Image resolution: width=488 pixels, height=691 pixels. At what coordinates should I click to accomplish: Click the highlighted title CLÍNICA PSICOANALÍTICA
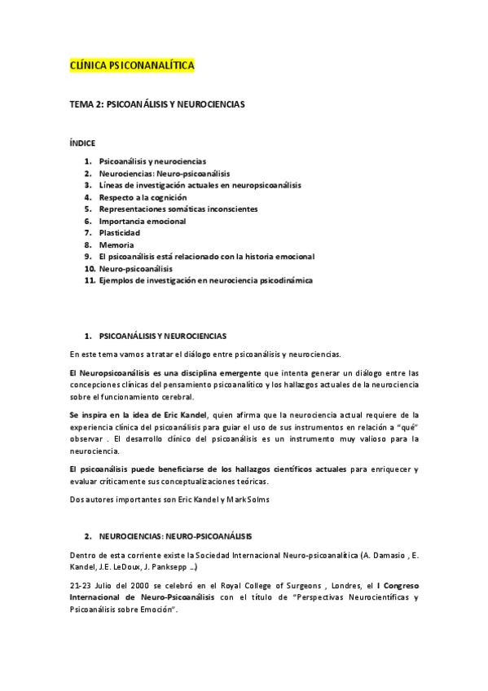pyautogui.click(x=132, y=65)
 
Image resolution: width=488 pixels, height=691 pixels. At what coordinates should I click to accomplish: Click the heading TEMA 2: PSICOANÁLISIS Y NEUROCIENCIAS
pyautogui.click(x=157, y=105)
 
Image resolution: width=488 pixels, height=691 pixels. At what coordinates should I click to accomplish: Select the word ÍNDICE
pyautogui.click(x=83, y=143)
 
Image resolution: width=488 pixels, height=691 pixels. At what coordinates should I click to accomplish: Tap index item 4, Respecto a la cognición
pyautogui.click(x=143, y=197)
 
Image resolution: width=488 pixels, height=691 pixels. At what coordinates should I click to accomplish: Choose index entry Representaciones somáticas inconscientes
pyautogui.click(x=178, y=209)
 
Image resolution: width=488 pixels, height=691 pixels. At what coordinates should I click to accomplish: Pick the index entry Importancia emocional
pyautogui.click(x=142, y=221)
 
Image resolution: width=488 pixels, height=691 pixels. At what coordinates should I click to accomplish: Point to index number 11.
pyautogui.click(x=90, y=280)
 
